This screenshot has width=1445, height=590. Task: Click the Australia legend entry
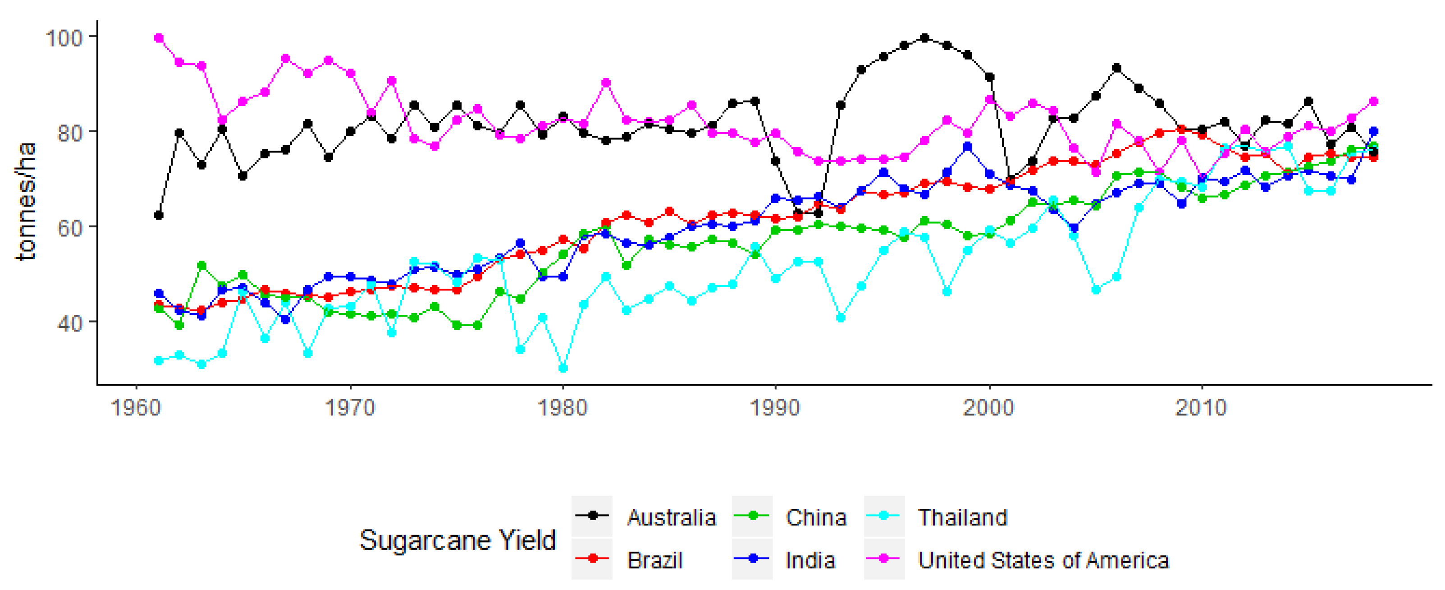671,517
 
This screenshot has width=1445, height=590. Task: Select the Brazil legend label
654,560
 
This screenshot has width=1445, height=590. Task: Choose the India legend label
809,560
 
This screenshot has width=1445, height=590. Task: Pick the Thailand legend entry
961,517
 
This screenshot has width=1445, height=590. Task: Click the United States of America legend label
1042,560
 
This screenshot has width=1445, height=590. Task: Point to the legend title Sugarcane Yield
457,539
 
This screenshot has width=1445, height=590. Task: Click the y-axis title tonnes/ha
26,202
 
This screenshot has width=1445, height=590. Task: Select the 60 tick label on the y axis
69,228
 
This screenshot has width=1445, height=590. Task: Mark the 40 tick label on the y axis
69,323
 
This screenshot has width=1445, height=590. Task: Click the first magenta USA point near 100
159,38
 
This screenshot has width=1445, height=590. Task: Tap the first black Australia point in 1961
159,215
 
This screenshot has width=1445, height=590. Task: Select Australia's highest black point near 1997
925,38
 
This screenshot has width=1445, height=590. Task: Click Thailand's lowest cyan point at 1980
563,368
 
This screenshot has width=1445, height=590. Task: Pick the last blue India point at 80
1374,131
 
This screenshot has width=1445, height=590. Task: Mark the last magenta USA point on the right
1374,101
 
